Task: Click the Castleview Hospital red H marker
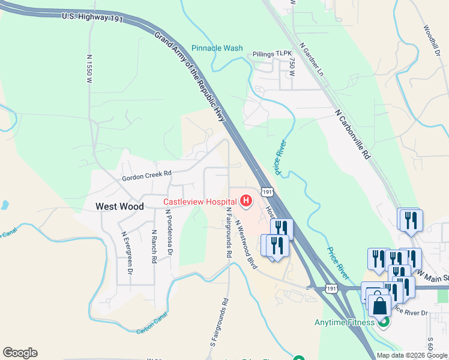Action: pos(246,201)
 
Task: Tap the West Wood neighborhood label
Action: pos(120,206)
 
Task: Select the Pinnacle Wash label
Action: pos(217,48)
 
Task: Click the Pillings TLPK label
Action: pos(271,53)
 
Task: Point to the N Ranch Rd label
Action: pos(154,247)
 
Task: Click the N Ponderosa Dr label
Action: pos(169,234)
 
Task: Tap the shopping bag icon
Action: pos(379,306)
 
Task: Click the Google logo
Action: pos(20,353)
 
